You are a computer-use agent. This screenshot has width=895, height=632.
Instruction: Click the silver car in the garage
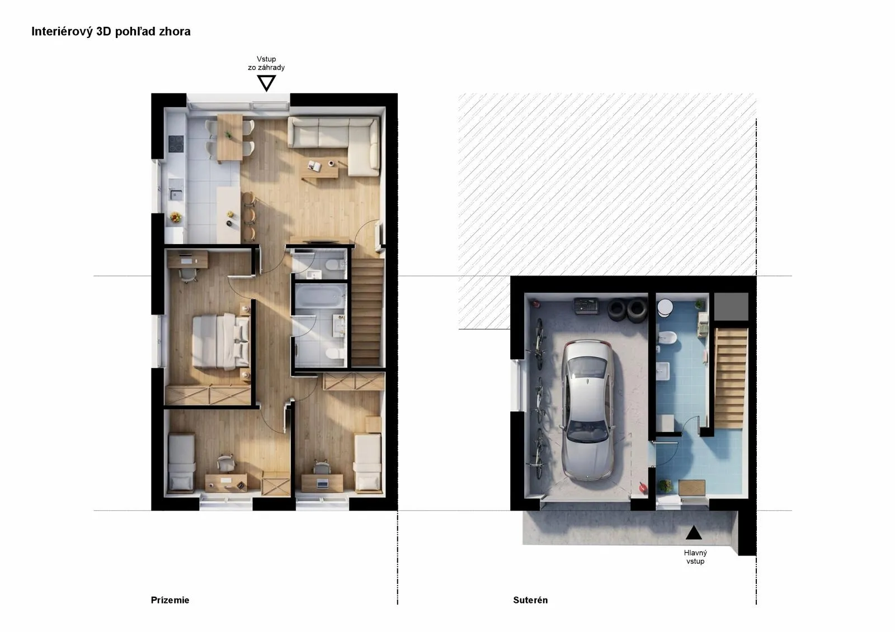588,410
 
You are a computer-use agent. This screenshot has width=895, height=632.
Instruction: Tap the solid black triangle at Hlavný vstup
694,533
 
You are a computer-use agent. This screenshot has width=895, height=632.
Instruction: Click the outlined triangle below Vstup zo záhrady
266,83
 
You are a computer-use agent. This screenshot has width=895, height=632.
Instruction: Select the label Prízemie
170,600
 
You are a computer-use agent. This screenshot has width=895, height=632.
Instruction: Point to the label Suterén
530,600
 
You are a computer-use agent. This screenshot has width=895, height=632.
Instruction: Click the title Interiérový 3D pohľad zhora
111,31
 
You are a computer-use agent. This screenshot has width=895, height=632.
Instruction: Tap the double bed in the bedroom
221,341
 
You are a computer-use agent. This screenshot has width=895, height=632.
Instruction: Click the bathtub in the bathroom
319,296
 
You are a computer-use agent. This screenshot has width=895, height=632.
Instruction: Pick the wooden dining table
230,138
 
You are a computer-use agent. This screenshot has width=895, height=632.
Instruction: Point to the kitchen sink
176,195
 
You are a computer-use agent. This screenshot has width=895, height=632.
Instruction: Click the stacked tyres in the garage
627,310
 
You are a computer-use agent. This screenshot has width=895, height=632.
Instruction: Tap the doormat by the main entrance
691,488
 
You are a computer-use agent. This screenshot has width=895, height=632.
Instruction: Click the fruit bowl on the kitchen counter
176,217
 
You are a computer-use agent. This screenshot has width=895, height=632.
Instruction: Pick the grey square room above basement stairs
731,307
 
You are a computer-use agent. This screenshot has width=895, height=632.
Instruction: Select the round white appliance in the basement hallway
665,308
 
